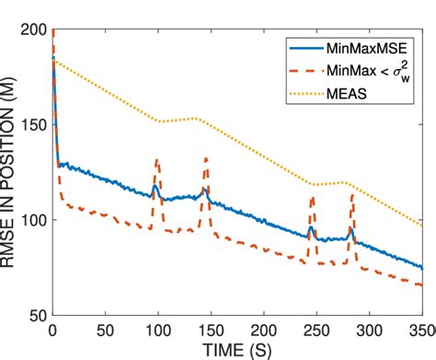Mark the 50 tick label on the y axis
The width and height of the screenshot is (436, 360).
pyautogui.click(x=35, y=315)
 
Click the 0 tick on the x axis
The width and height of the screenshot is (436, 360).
pyautogui.click(x=52, y=330)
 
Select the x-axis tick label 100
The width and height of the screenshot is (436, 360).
pyautogui.click(x=158, y=330)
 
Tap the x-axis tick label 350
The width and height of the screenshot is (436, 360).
pyautogui.click(x=419, y=330)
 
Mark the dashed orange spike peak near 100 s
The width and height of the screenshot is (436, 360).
pyautogui.click(x=157, y=160)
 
